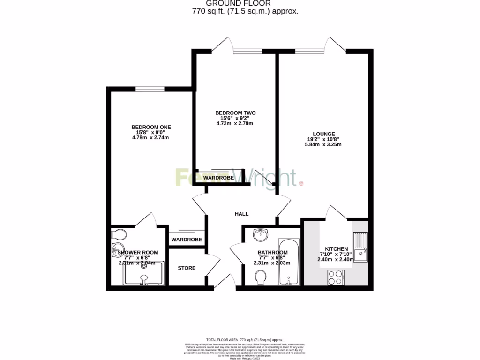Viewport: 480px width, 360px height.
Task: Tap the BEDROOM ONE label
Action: point(151,127)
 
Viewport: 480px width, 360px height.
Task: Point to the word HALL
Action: point(241,214)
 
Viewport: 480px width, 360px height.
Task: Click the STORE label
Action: point(187,268)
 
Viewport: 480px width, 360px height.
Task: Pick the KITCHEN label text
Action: point(336,249)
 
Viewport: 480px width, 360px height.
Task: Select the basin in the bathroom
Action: point(259,233)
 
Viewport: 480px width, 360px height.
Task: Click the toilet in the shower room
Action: point(119,234)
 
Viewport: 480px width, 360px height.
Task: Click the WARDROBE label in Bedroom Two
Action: point(218,178)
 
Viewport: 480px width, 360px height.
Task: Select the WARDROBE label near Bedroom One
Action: point(187,240)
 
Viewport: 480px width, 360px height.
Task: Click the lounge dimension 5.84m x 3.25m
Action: point(323,145)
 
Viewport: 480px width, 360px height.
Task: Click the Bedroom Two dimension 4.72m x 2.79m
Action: point(235,124)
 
